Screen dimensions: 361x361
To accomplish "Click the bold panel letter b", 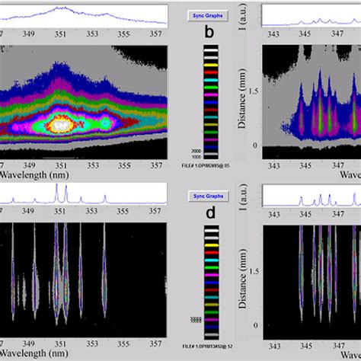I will pyautogui.click(x=209, y=33).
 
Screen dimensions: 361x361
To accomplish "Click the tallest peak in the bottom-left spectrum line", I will pyautogui.click(x=58, y=190).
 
